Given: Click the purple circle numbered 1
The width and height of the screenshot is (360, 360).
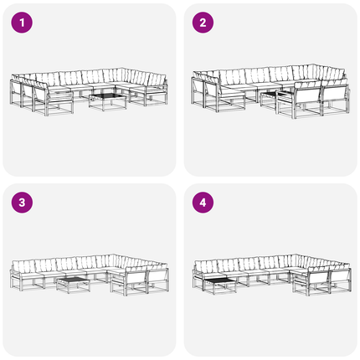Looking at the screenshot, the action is [22, 23].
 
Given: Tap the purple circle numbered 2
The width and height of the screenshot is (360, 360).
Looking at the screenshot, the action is [203, 23].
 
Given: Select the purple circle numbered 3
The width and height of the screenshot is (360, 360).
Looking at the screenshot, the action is [22, 203].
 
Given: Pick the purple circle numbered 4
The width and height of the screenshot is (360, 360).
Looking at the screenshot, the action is [203, 203].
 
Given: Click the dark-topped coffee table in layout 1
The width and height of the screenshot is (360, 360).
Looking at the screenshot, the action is [107, 101].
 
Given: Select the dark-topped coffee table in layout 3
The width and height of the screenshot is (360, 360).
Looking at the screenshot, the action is [74, 285].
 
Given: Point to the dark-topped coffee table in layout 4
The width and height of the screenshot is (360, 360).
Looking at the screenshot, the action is [219, 285].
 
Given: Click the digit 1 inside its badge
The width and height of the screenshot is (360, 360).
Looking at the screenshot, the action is [22, 23].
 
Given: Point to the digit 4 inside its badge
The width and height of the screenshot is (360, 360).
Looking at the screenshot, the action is [203, 203].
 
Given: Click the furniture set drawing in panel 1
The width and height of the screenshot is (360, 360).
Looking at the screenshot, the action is [89, 91].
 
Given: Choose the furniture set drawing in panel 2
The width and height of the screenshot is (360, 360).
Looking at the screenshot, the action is [270, 91].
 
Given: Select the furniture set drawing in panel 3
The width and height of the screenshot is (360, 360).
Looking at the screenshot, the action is [90, 275].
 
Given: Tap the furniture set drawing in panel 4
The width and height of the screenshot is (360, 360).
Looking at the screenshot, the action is [272, 275].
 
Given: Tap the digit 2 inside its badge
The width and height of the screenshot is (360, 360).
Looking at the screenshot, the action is [203, 23].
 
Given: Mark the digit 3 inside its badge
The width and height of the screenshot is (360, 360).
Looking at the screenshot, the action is [22, 203].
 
